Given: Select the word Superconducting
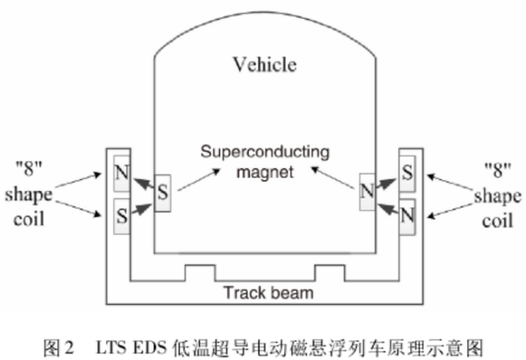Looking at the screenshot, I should (x=263, y=152).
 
